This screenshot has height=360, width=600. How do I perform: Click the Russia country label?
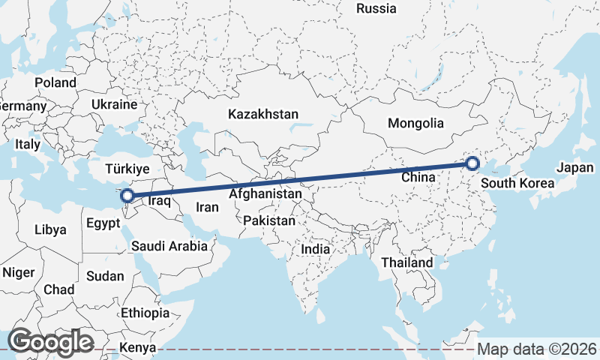click(376, 9)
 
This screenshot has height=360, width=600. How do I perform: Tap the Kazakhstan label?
click(263, 115)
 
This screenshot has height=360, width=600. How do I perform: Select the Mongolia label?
click(415, 123)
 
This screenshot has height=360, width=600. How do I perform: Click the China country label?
click(418, 177)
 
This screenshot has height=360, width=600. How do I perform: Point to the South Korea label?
click(517, 184)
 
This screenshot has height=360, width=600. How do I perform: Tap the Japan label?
click(575, 168)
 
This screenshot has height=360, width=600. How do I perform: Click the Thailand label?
click(406, 262)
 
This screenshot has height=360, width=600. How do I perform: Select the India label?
click(315, 248)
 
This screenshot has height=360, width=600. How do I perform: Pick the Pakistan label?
click(269, 221)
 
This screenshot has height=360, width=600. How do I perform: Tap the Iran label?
click(206, 207)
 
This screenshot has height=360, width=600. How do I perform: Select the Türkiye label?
click(127, 169)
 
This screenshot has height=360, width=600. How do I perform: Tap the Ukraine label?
click(114, 104)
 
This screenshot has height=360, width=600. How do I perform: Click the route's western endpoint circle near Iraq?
click(127, 196)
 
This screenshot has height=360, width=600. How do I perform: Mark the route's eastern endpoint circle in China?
click(472, 163)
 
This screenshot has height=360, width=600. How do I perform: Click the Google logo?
click(50, 342)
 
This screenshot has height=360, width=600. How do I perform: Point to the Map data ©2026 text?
click(538, 349)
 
